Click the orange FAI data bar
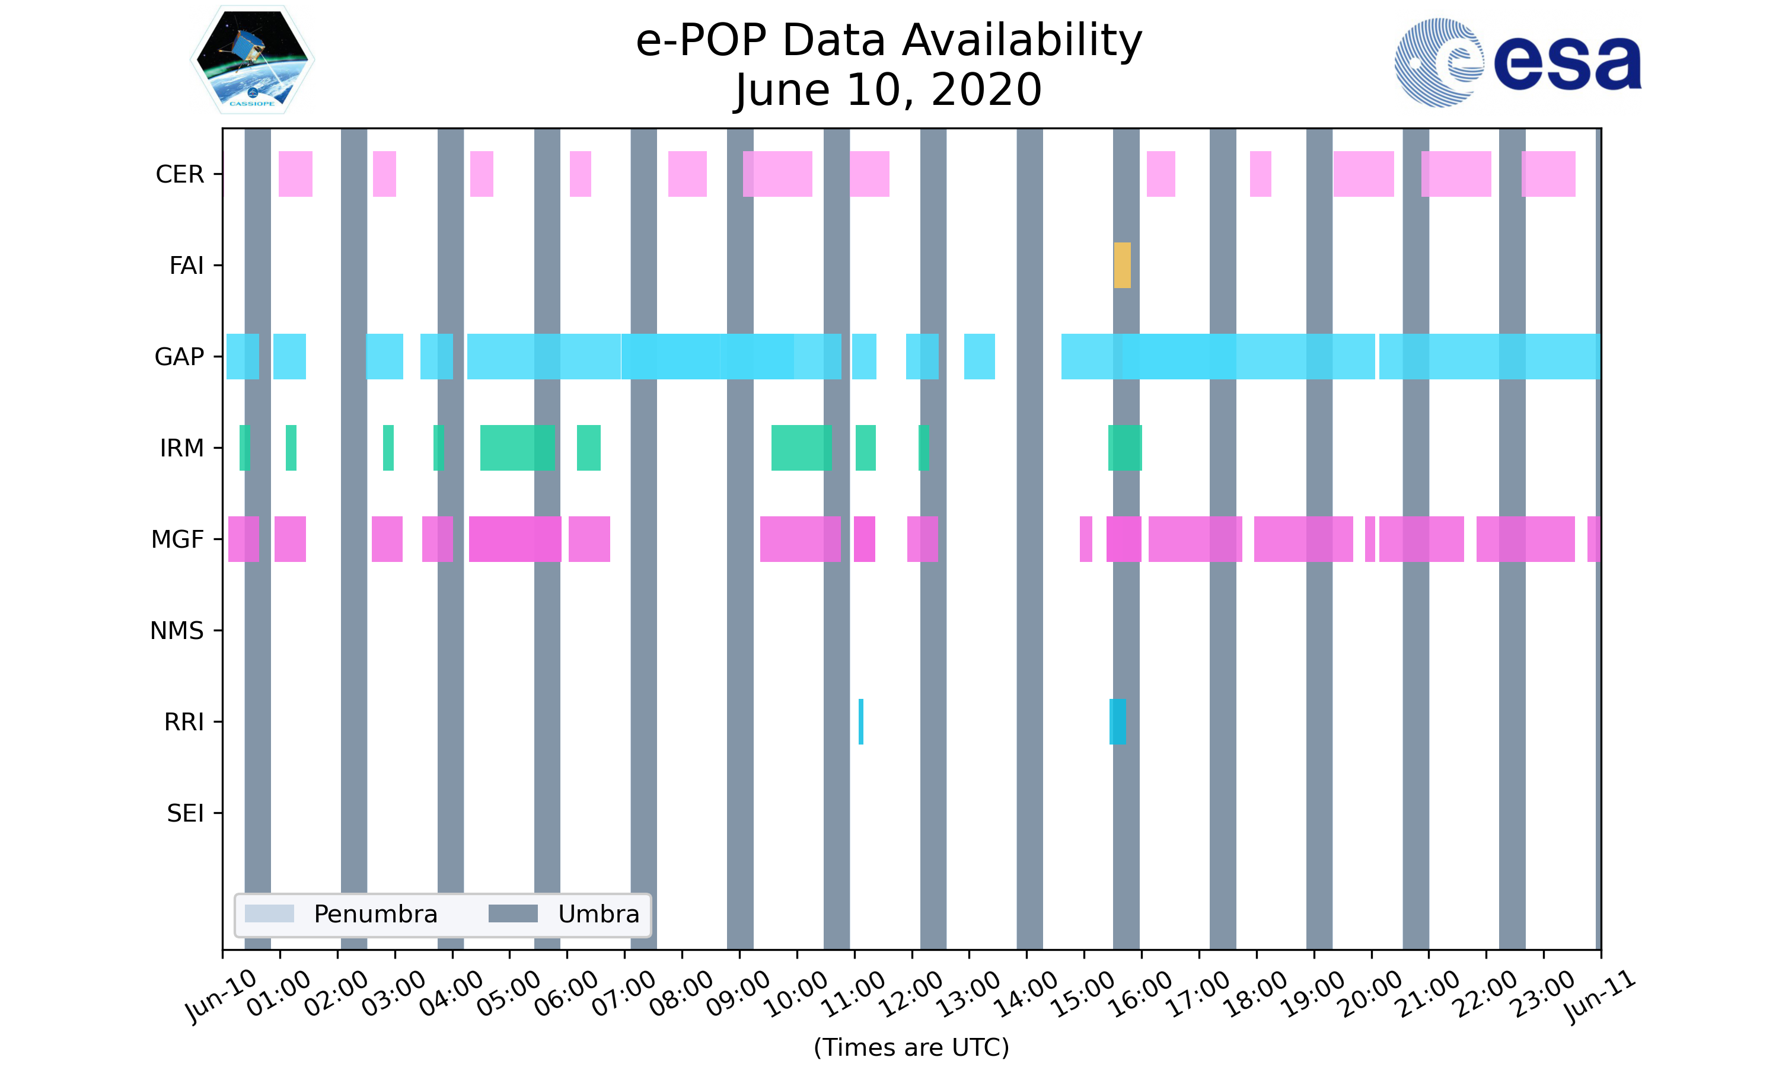(x=1122, y=266)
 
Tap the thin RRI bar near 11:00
(x=860, y=721)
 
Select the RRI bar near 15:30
(x=1117, y=721)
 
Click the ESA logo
(x=1517, y=63)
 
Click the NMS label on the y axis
(x=177, y=631)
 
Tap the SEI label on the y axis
(x=186, y=813)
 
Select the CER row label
(x=180, y=174)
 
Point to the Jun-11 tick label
(x=1599, y=996)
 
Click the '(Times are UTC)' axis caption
(x=911, y=1047)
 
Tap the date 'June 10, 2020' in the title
(x=888, y=90)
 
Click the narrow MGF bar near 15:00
(x=1086, y=539)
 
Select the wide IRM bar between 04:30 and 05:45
(x=517, y=448)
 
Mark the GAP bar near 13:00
(x=980, y=357)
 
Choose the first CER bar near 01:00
(x=295, y=174)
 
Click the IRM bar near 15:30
(x=1125, y=448)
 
